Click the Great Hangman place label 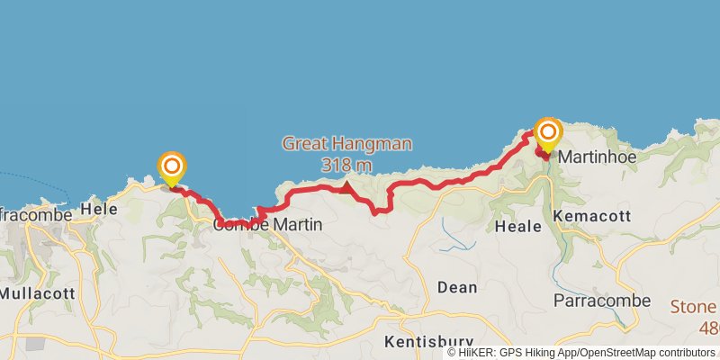click(x=346, y=143)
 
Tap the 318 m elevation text click(x=346, y=165)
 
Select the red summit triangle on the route click(x=346, y=187)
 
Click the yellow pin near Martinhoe click(x=547, y=135)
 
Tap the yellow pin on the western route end click(x=171, y=168)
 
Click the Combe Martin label click(x=267, y=225)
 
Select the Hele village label click(x=99, y=209)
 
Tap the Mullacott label click(x=36, y=293)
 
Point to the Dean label click(x=456, y=287)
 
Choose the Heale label click(x=517, y=228)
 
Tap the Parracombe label click(x=596, y=299)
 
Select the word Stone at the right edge click(x=693, y=306)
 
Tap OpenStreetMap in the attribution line click(x=622, y=353)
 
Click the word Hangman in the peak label click(x=378, y=143)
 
